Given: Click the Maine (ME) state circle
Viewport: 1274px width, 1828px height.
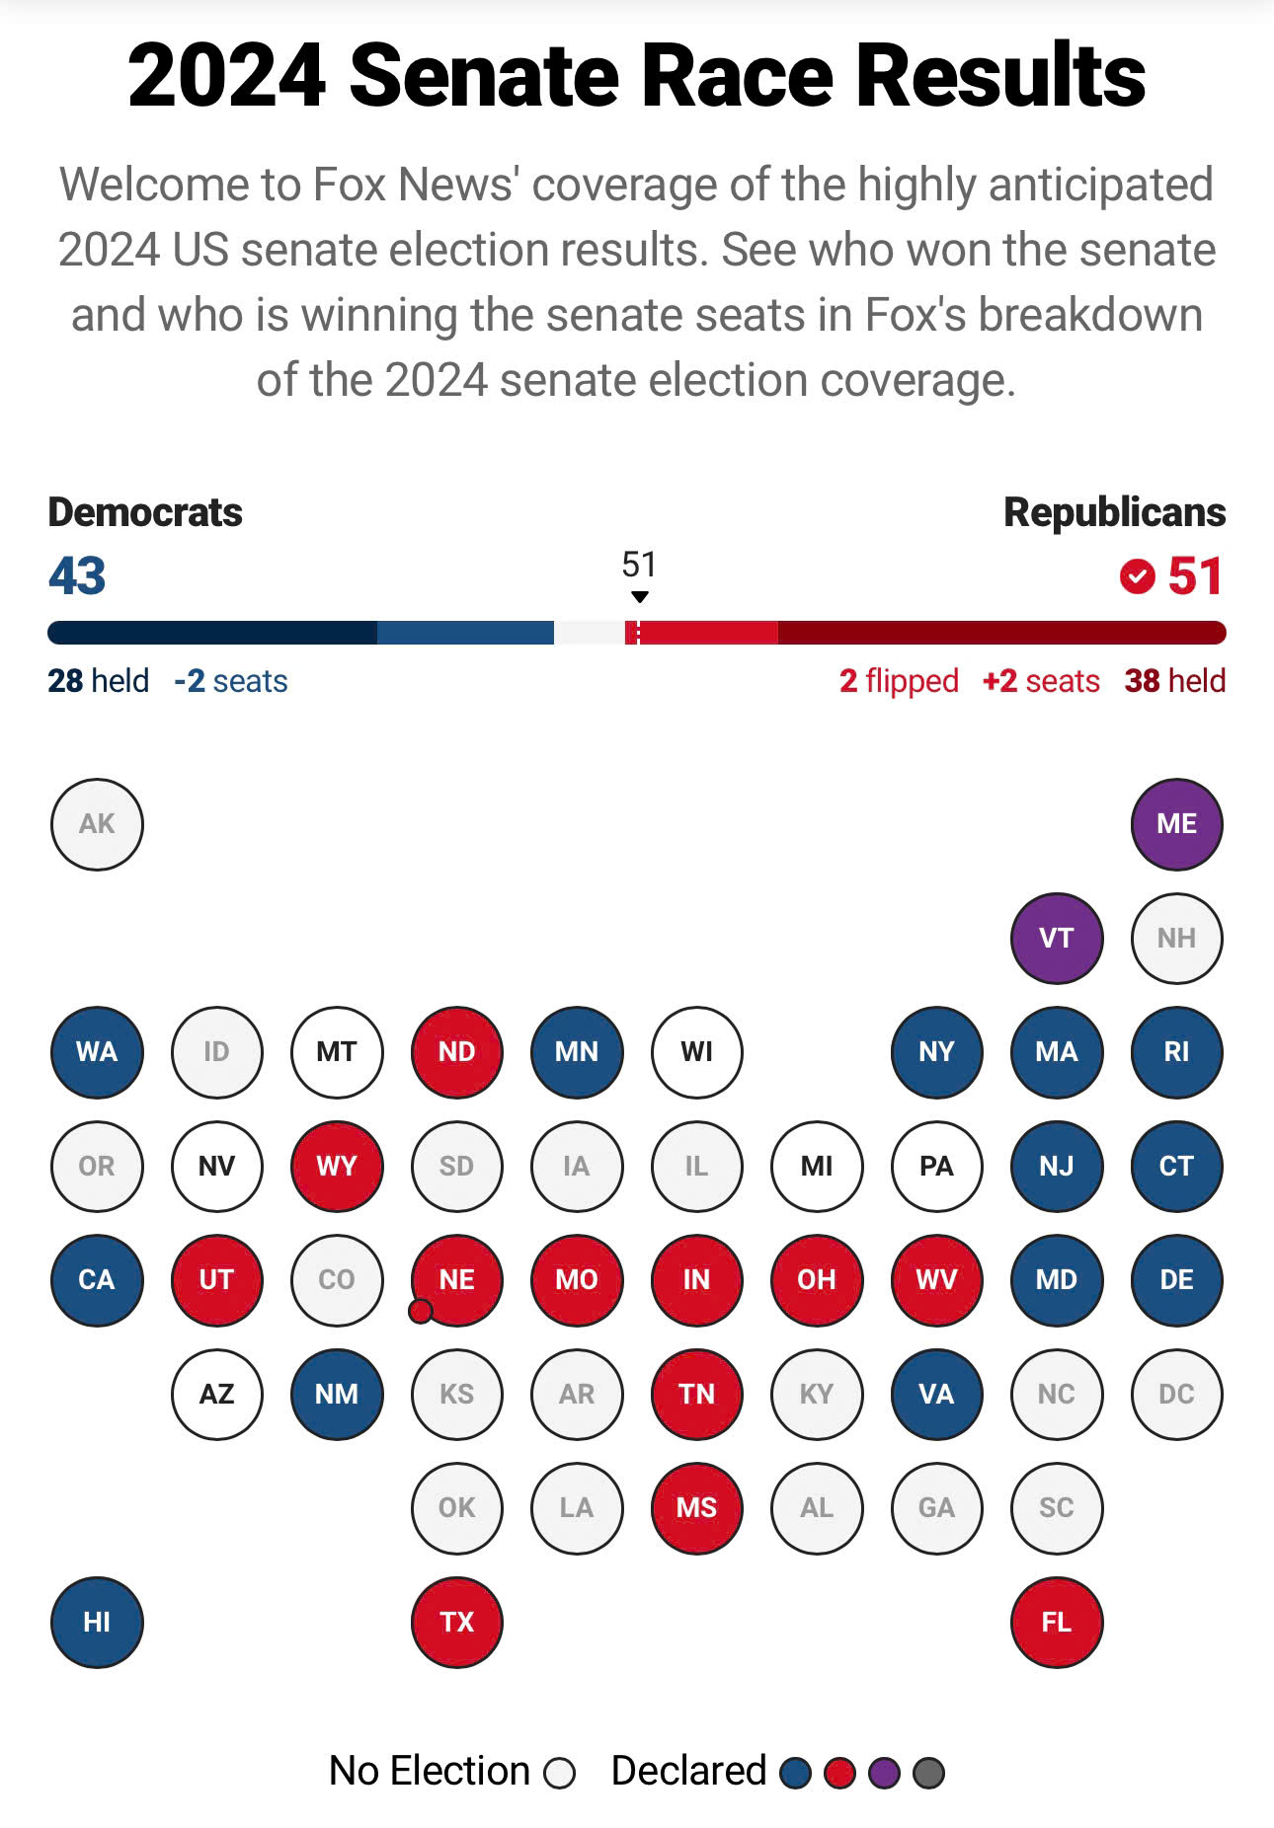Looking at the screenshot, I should (1176, 824).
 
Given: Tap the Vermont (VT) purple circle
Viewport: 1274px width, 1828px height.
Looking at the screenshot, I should (1057, 938).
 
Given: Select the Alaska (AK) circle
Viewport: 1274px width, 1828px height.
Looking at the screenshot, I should (97, 824).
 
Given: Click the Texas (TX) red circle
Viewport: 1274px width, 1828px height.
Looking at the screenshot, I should (456, 1622).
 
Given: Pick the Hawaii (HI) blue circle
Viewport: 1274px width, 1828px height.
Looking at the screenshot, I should (97, 1622).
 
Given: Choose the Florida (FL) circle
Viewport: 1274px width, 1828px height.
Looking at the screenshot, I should (1057, 1622).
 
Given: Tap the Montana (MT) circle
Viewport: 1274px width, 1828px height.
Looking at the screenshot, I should (337, 1052).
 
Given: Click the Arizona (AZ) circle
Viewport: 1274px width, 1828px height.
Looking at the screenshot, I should (217, 1394).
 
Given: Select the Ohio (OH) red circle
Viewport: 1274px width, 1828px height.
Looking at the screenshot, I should (817, 1280).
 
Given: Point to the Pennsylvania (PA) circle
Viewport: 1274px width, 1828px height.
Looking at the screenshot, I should (936, 1166).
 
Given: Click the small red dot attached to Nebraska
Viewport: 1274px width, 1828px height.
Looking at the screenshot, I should (421, 1311).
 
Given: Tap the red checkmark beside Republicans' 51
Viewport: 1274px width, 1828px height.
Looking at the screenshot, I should (1138, 575).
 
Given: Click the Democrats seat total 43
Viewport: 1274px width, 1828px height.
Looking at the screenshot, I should (77, 575).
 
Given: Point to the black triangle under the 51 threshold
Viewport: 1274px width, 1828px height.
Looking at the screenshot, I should (640, 597).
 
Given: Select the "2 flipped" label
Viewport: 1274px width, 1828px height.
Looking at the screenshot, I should (899, 681).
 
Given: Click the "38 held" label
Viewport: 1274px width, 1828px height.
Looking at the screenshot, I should (1174, 681).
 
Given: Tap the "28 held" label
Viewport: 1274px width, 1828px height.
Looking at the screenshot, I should (98, 681).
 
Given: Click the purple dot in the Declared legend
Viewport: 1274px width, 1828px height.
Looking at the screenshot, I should (884, 1773).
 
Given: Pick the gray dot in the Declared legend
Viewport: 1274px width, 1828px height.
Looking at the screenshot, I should (928, 1773).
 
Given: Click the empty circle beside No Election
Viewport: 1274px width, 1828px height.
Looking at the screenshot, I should (560, 1773).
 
